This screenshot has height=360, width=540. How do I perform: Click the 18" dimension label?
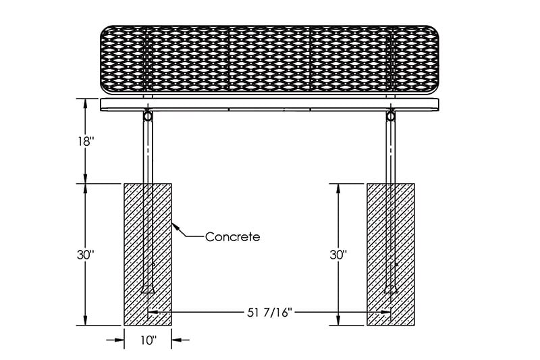(86, 141)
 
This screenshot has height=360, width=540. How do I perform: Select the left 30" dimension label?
(86, 255)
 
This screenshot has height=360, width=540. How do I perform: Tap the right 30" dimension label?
(338, 255)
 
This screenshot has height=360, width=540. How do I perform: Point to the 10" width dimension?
(148, 340)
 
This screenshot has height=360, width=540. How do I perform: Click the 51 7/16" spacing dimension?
(269, 313)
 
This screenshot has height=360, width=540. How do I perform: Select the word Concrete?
(232, 236)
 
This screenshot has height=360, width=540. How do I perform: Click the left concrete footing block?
(148, 254)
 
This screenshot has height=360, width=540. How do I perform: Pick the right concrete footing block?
(391, 254)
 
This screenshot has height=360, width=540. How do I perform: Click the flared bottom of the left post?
(148, 289)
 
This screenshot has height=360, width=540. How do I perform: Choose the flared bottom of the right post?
(391, 289)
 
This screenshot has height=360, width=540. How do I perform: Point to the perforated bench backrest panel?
(269, 59)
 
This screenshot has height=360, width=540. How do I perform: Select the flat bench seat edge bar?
(269, 105)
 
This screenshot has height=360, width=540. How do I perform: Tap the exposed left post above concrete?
(148, 151)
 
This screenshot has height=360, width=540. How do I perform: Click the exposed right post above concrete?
(391, 151)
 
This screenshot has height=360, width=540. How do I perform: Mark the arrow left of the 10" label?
(115, 340)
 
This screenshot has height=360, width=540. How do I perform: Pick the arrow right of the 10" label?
(180, 340)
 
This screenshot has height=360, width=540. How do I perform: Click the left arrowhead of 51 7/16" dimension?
(153, 313)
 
